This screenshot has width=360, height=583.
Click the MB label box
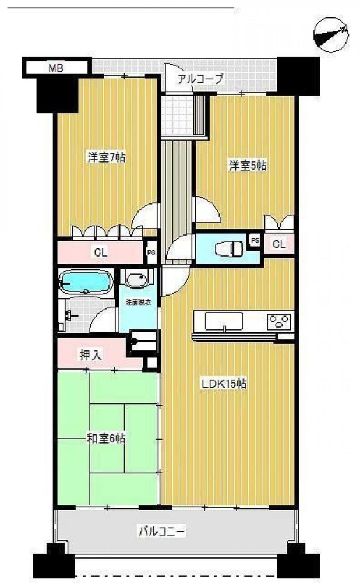pos(55,68)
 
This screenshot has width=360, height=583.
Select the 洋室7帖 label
pos(107,157)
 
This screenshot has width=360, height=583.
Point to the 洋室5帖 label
pos(246,166)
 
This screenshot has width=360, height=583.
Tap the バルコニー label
pos(161,531)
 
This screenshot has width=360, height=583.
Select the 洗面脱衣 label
pos(138,303)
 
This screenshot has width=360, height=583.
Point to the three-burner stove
pos(278,321)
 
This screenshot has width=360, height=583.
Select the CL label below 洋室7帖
pos(100,253)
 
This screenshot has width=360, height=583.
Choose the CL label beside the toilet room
pos(279,244)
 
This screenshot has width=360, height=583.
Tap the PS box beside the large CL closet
pos(151,252)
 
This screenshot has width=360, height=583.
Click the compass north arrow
pos(331,33)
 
